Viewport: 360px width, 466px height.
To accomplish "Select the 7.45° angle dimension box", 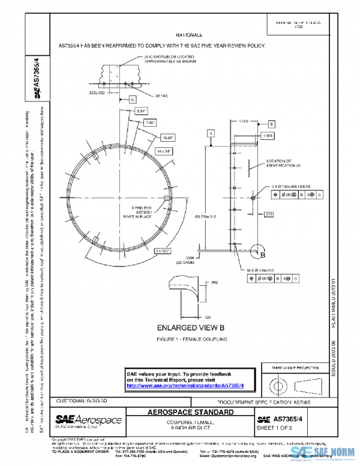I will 151,123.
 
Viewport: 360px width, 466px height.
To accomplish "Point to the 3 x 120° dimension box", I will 163,250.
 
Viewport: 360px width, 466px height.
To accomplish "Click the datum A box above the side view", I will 211,132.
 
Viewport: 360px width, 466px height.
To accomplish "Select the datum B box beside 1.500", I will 271,124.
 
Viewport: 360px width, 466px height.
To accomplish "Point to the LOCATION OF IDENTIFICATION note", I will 279,163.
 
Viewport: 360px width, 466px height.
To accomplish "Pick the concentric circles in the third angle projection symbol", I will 275,383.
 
